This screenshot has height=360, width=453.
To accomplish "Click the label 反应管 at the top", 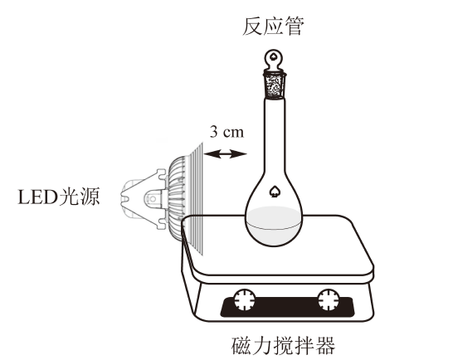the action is [273, 27].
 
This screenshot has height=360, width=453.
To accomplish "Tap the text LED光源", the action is [59, 197].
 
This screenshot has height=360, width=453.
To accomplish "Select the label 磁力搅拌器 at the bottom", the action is [283, 345].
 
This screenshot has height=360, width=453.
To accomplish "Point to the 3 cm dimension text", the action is [226, 132].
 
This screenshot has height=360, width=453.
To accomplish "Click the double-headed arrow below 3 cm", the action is [225, 153].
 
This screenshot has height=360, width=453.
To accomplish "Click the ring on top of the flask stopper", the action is [273, 60].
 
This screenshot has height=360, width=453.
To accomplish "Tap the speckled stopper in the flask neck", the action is [274, 85].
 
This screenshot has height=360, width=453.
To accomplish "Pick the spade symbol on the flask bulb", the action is [273, 192].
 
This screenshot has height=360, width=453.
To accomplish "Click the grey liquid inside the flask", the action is [274, 226].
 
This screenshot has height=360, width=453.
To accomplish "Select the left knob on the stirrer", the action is [245, 299].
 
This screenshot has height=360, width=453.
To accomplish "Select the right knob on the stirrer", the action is [329, 299].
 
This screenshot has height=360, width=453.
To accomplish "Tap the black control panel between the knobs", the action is [286, 308].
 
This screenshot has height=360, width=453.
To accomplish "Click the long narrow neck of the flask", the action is [274, 136].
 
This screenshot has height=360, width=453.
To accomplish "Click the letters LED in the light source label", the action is [38, 197].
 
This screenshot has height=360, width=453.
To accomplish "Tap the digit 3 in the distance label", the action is [214, 132].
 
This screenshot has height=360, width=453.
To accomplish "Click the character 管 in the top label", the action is [295, 27].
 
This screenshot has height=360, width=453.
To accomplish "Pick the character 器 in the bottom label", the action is [325, 345].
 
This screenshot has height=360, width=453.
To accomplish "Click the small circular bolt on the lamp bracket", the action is [153, 199].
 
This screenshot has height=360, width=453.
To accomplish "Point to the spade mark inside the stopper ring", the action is [273, 56].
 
